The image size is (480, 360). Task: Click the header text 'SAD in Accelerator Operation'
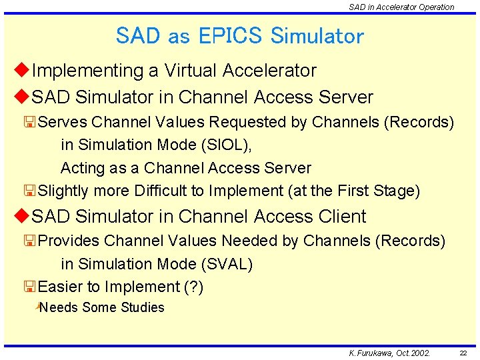[x=401, y=7]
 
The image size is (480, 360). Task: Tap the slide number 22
[x=463, y=353]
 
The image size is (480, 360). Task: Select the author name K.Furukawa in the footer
[x=371, y=353]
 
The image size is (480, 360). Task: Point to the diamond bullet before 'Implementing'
[x=22, y=70]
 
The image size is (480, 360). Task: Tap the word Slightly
[x=65, y=191]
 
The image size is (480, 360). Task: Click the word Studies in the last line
[x=142, y=307]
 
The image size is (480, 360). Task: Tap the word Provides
[x=69, y=241]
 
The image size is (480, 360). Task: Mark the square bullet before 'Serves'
[x=29, y=123]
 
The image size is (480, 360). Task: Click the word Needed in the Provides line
[x=252, y=241]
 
